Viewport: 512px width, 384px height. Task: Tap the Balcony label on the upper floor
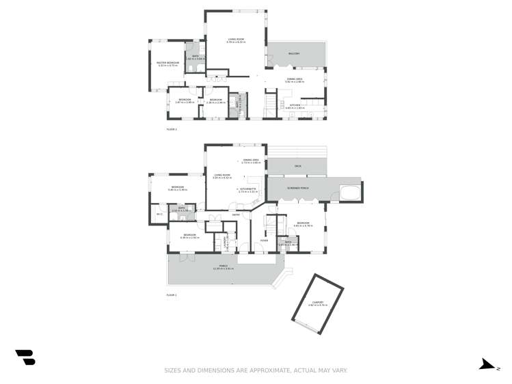pyautogui.click(x=294, y=53)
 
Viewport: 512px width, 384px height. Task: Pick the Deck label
pyautogui.click(x=297, y=165)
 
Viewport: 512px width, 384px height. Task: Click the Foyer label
pyautogui.click(x=264, y=240)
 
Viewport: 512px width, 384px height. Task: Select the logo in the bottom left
pyautogui.click(x=25, y=357)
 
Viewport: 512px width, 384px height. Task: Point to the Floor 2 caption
pyautogui.click(x=171, y=128)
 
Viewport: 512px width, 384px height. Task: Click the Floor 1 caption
pyautogui.click(x=171, y=294)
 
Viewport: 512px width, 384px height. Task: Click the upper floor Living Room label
pyautogui.click(x=236, y=40)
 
